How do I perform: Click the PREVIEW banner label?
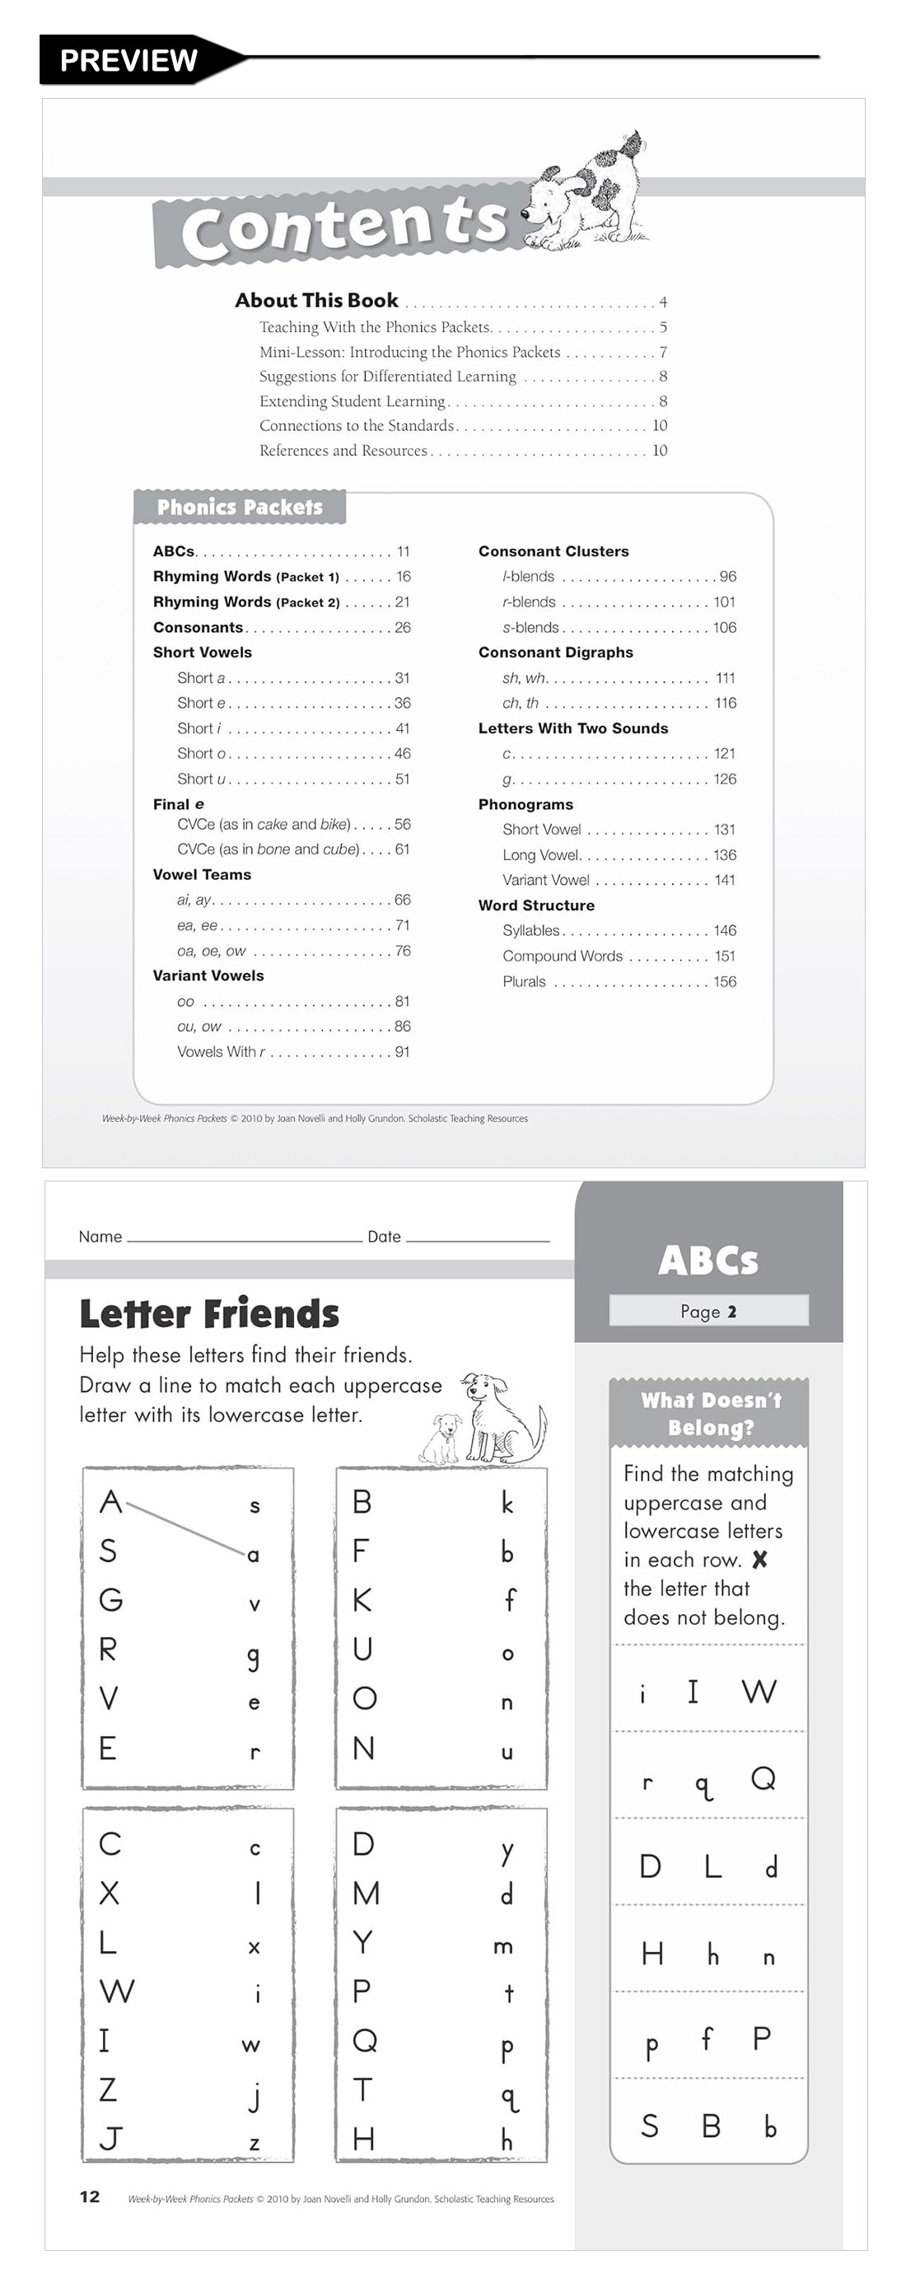point(128,60)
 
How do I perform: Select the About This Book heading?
point(316,301)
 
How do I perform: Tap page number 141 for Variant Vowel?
point(724,880)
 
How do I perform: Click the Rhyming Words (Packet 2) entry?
point(245,602)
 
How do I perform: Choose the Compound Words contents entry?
point(562,957)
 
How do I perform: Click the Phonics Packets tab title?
point(240,508)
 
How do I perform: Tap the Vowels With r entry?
point(220,1052)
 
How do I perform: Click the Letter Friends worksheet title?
point(208,1314)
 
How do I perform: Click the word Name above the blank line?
point(100,1237)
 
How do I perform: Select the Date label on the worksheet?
point(384,1237)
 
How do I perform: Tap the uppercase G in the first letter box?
point(110,1599)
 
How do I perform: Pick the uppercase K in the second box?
point(362,1599)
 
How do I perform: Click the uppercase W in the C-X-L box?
point(116,1991)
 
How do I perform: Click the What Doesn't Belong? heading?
point(710,1414)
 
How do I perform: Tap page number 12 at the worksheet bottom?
point(90,2196)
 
